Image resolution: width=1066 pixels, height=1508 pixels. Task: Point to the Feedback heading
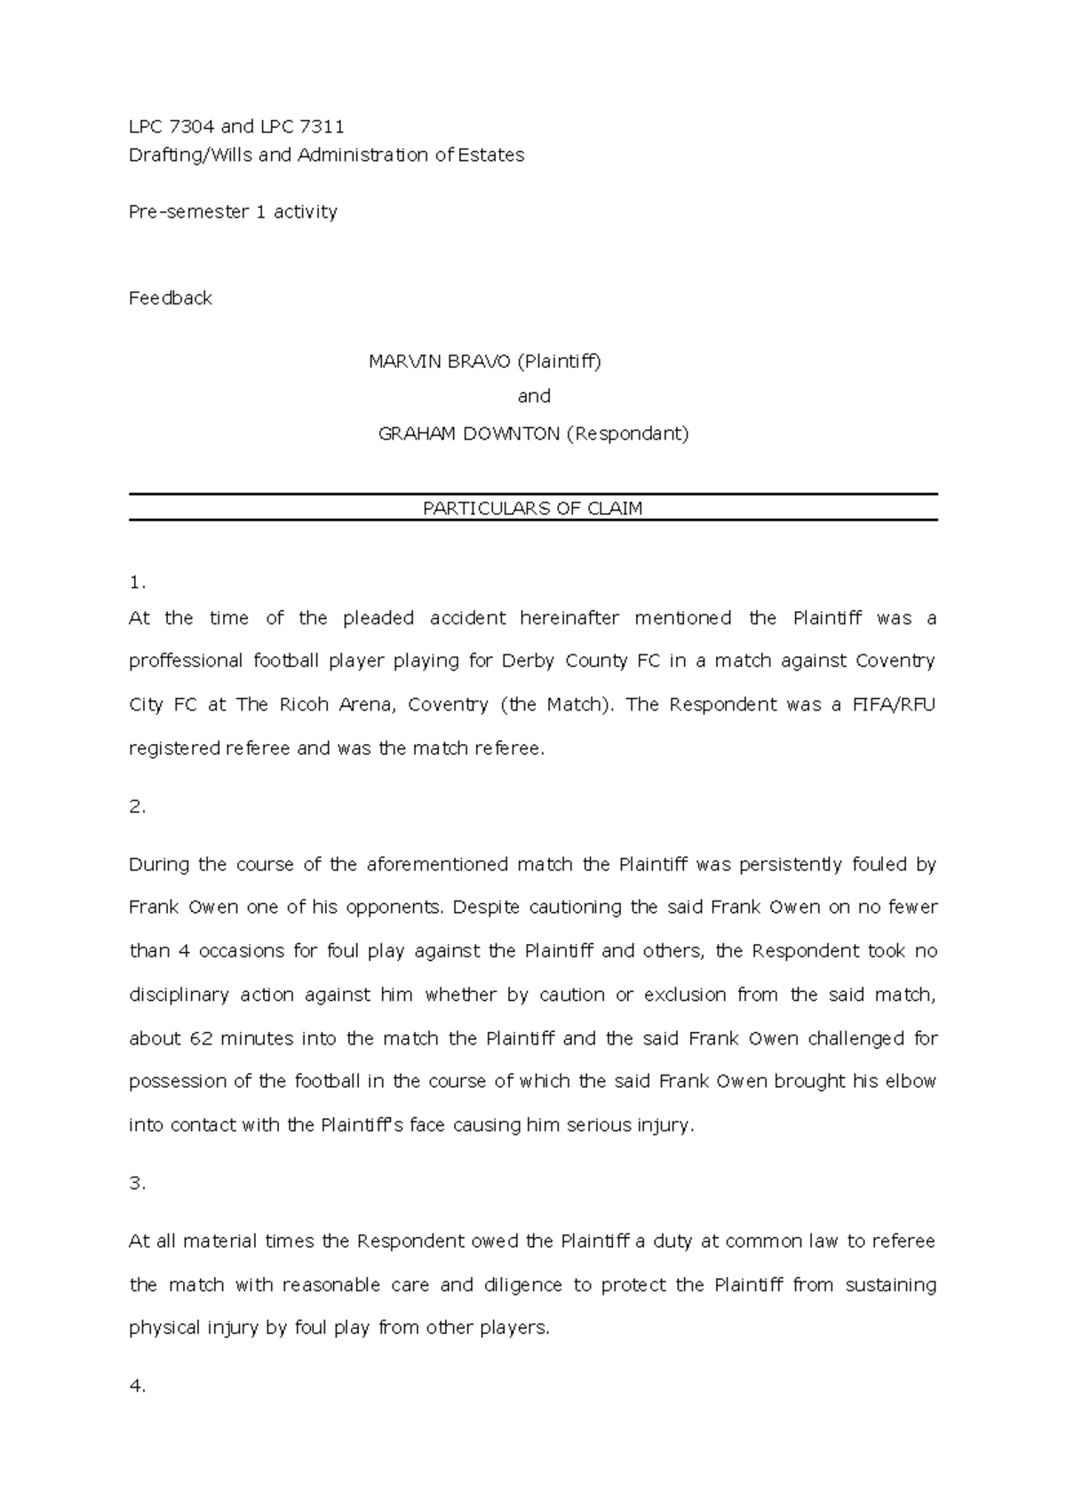pyautogui.click(x=171, y=298)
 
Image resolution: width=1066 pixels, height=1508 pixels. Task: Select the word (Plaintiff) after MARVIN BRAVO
pyautogui.click(x=560, y=361)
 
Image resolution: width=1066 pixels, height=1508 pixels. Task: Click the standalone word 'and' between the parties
pyautogui.click(x=534, y=396)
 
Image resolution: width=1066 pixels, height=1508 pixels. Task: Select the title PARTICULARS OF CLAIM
pyautogui.click(x=532, y=509)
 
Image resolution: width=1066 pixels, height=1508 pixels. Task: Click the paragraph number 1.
pyautogui.click(x=136, y=583)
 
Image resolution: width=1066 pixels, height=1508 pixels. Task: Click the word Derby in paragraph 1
pyautogui.click(x=528, y=662)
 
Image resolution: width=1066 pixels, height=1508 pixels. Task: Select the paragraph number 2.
pyautogui.click(x=136, y=807)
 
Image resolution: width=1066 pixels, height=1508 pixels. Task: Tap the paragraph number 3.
pyautogui.click(x=136, y=1184)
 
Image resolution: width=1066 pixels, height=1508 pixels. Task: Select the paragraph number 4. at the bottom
pyautogui.click(x=136, y=1386)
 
